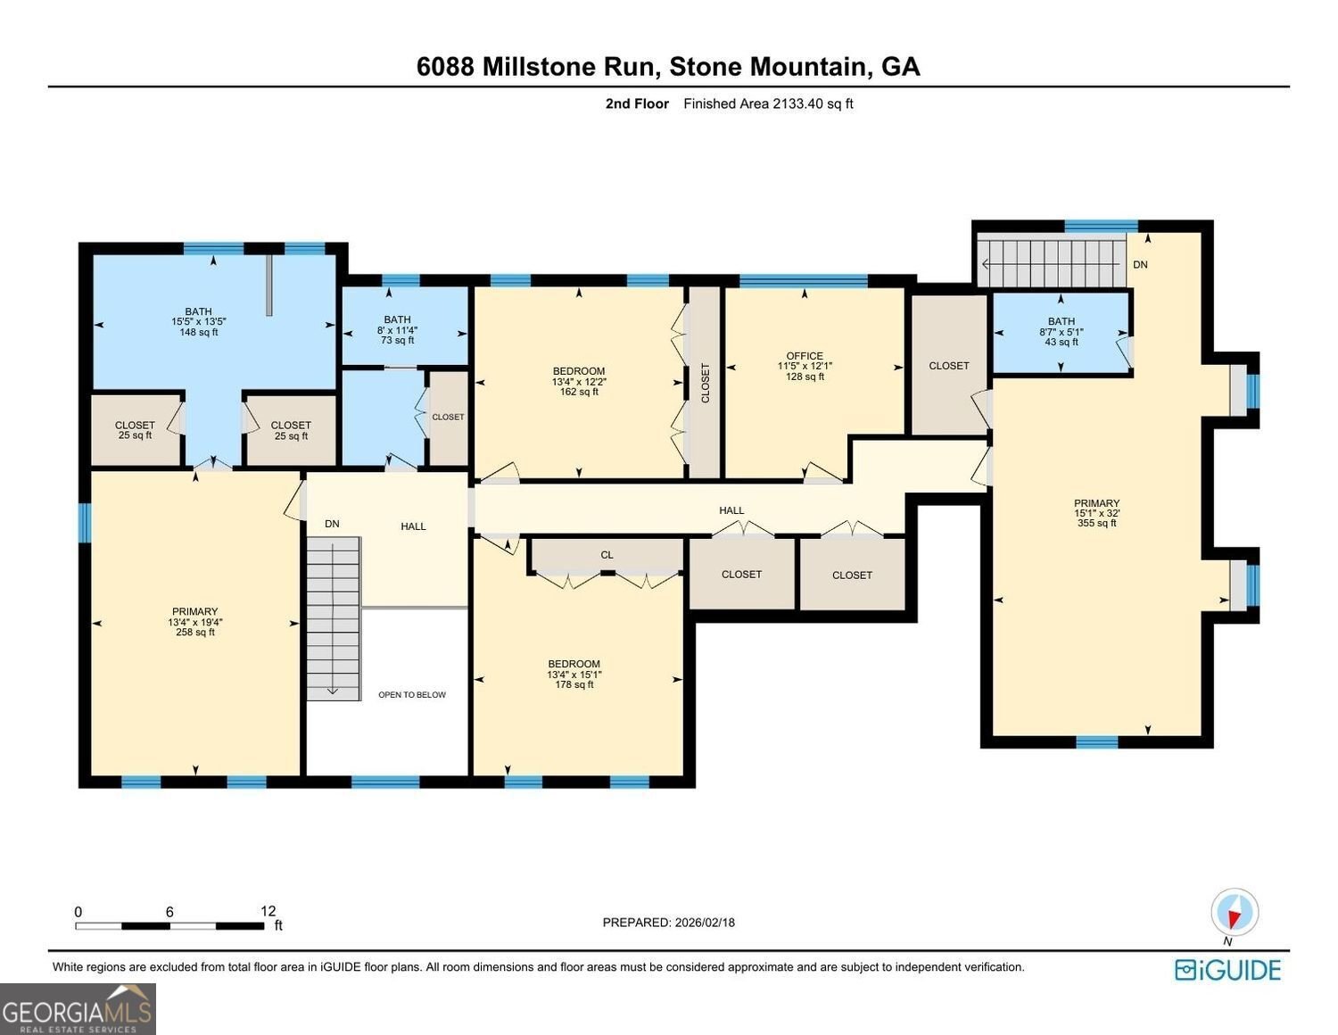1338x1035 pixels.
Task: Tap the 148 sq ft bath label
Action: (x=198, y=322)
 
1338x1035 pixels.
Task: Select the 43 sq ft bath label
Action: (x=1061, y=331)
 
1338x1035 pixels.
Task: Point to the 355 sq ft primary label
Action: (x=1096, y=513)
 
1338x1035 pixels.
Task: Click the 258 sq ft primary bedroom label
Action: (x=194, y=622)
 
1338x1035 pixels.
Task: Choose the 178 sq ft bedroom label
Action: (x=574, y=674)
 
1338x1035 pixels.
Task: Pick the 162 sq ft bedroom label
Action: (x=578, y=381)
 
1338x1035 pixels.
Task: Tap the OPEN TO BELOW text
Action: (x=411, y=694)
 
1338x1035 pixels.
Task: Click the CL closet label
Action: (x=607, y=555)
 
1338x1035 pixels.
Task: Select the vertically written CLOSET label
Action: (x=705, y=383)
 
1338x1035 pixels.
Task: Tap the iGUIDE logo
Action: (x=1227, y=970)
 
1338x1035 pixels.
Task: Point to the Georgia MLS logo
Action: (x=78, y=1009)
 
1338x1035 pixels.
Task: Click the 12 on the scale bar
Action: (x=268, y=911)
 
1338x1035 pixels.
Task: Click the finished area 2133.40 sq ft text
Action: (x=768, y=103)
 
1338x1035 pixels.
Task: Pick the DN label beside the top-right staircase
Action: (x=1140, y=264)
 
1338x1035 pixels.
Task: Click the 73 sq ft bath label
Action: (x=397, y=329)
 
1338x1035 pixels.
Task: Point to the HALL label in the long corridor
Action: (x=731, y=510)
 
